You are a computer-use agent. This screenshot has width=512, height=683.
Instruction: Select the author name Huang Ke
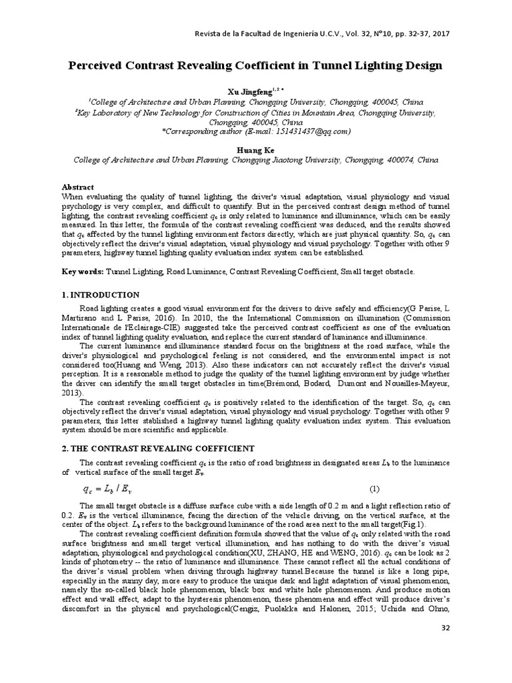coord(256,151)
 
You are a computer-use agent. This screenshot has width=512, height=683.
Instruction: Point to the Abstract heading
coord(78,187)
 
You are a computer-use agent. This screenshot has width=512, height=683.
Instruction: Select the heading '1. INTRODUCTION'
coord(101,295)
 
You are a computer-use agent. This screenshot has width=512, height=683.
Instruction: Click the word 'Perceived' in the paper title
coord(102,66)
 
